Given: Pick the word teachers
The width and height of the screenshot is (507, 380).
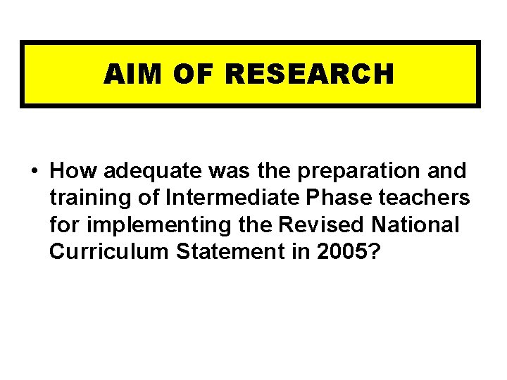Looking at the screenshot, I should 427,198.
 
